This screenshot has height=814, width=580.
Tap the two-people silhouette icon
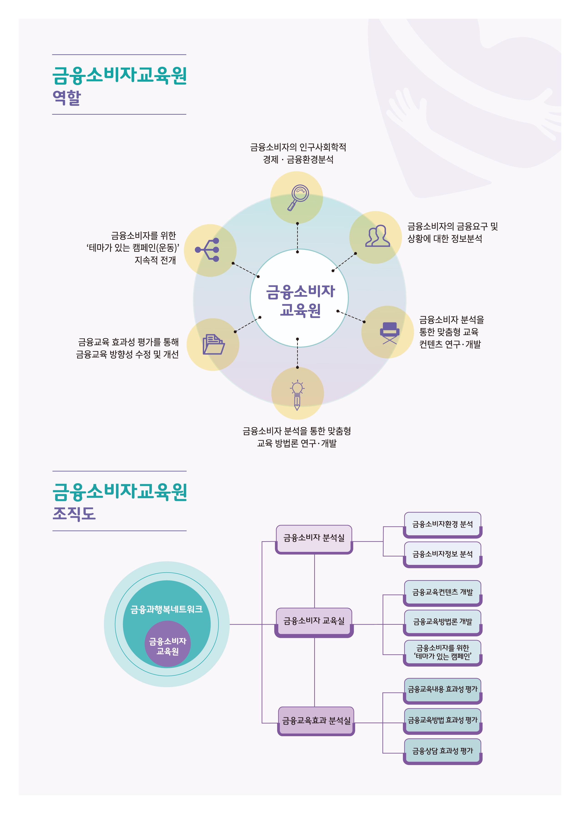click(377, 236)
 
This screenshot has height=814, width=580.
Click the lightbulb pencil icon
click(297, 395)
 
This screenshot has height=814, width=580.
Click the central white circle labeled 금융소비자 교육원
click(299, 298)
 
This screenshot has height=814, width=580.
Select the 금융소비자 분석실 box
click(314, 539)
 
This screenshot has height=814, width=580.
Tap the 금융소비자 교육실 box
click(314, 622)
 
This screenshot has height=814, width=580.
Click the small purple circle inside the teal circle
click(168, 644)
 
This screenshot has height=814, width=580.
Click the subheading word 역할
click(67, 97)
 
